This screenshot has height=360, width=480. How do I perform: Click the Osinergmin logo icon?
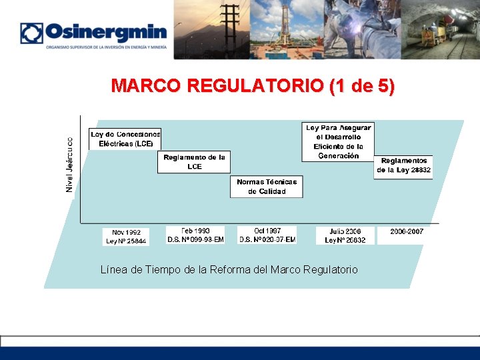31,33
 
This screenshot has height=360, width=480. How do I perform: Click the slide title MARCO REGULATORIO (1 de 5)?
253,86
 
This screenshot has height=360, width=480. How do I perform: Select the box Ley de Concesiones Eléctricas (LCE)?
125,139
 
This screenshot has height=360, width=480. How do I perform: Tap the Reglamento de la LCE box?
194,162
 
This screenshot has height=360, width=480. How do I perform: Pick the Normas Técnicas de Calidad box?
267,186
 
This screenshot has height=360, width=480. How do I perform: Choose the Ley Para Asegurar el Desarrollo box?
338,141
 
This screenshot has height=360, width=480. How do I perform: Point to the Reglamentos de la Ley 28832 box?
403,165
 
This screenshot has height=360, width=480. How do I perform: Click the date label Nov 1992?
126,233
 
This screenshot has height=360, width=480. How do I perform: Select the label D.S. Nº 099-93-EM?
195,239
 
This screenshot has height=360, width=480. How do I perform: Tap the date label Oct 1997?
267,231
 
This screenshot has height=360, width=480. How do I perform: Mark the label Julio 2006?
345,231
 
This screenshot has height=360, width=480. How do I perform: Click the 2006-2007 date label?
407,231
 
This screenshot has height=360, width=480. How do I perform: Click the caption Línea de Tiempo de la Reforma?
229,270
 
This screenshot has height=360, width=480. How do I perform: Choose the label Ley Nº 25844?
126,241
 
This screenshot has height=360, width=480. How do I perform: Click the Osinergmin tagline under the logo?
106,47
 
